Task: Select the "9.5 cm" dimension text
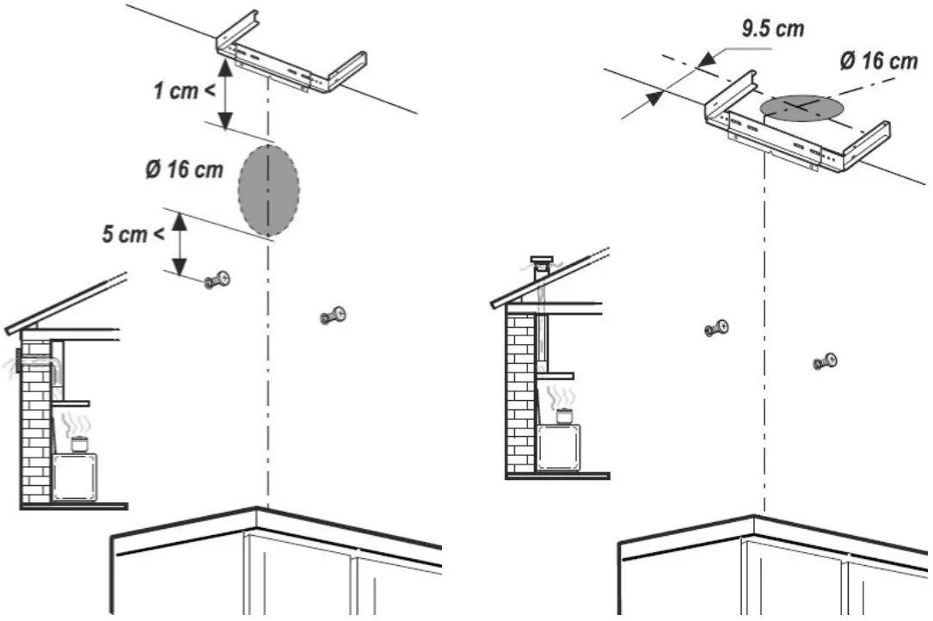773,28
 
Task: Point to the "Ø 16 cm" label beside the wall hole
183,169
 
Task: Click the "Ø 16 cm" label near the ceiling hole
876,61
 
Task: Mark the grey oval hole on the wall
268,190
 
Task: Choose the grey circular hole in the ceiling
801,108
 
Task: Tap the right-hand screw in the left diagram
333,316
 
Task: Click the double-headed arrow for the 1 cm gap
225,96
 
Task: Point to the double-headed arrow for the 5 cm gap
180,244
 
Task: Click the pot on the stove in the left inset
78,445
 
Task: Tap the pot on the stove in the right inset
564,417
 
